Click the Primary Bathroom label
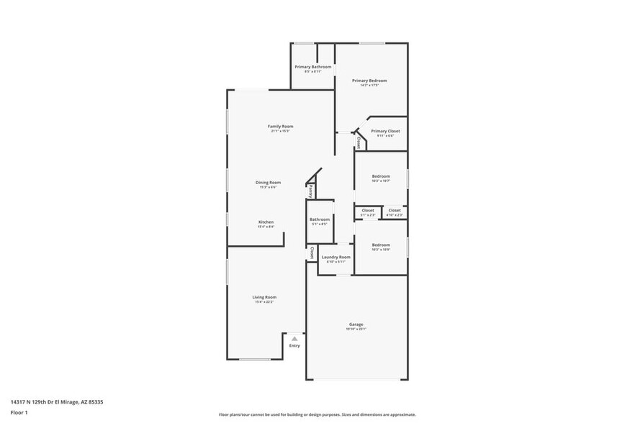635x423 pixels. point(313,67)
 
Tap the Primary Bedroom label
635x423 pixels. point(369,81)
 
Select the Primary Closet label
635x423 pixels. point(385,131)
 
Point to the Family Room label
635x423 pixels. point(281,127)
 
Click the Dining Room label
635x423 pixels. point(268,183)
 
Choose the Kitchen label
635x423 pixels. point(266,222)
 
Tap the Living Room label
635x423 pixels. point(264,297)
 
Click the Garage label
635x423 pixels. point(356,324)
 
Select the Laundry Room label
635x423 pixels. point(335,257)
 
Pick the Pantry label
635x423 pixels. point(310,191)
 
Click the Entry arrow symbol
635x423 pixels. point(294,337)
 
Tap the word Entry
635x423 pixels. point(294,346)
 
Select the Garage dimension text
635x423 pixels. point(356,329)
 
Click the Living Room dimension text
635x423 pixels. point(264,302)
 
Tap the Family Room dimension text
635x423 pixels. point(281,132)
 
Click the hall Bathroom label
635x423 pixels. point(320,219)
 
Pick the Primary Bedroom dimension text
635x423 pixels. point(369,86)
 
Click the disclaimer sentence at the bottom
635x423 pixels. point(317,414)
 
